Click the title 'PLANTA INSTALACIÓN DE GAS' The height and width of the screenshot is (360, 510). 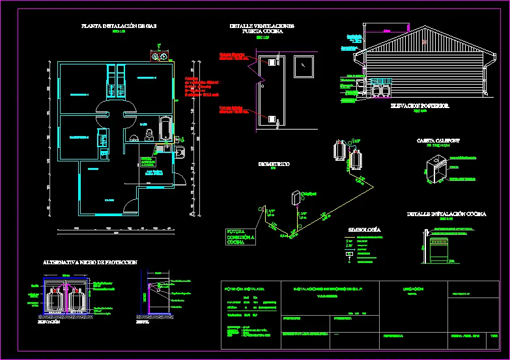[119, 26]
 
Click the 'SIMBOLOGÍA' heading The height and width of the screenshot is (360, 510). [365, 230]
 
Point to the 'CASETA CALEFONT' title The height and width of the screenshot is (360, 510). [438, 141]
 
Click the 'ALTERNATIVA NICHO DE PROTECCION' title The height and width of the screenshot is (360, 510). [90, 262]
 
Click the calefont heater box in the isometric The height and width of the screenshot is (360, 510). [295, 197]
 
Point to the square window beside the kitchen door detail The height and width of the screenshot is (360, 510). [304, 65]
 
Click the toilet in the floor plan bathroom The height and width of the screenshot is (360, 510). [149, 133]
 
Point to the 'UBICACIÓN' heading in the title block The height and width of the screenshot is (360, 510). [410, 288]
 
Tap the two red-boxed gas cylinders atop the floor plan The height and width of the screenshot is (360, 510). [158, 57]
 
